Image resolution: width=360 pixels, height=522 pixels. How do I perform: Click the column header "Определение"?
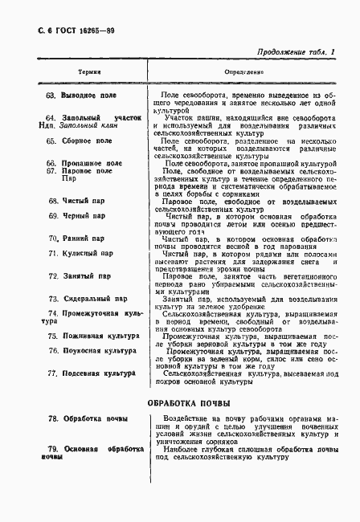coord(241,71)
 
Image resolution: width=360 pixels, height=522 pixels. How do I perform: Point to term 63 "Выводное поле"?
coord(82,96)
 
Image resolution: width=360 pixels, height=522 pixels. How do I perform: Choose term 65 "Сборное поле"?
coord(80,141)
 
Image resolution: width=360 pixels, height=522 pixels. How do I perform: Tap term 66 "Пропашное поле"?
coord(84,162)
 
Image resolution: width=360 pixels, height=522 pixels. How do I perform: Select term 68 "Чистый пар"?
coord(76,200)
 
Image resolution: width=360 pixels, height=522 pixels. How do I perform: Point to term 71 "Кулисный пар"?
coord(80,254)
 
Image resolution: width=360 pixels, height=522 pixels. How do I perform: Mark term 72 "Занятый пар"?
coord(78,276)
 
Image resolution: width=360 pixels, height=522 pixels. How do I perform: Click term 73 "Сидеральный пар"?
coord(87,299)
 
